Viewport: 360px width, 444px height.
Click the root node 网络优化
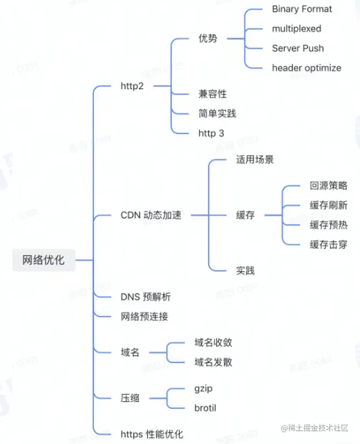[44, 260]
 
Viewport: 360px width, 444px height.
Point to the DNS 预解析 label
[145, 297]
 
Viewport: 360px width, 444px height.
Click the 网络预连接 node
[144, 317]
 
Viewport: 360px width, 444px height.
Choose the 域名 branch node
[130, 352]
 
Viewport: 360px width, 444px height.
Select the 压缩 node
[130, 398]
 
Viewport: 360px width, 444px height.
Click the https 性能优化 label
[152, 434]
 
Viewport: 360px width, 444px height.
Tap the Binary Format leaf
[302, 9]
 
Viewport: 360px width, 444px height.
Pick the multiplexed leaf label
[296, 29]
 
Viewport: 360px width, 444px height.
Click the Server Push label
[298, 48]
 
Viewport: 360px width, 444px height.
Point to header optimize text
[306, 67]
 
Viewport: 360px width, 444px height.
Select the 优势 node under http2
[207, 38]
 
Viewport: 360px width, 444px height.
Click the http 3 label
[212, 132]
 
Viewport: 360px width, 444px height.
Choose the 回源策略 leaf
[328, 187]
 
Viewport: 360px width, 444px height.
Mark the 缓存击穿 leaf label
[328, 243]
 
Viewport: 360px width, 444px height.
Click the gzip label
[205, 388]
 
